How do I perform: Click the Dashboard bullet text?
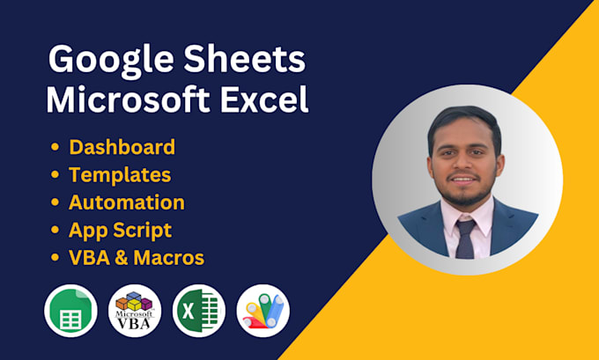pos(122,147)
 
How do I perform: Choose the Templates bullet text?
pos(120,175)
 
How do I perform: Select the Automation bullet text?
pos(127,202)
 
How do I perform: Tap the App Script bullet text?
pos(120,231)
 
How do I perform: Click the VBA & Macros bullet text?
pos(137,259)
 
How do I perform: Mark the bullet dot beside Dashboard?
pos(56,148)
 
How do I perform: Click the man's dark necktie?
pos(466,238)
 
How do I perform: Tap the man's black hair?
pos(464,124)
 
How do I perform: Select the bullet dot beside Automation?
pos(56,203)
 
